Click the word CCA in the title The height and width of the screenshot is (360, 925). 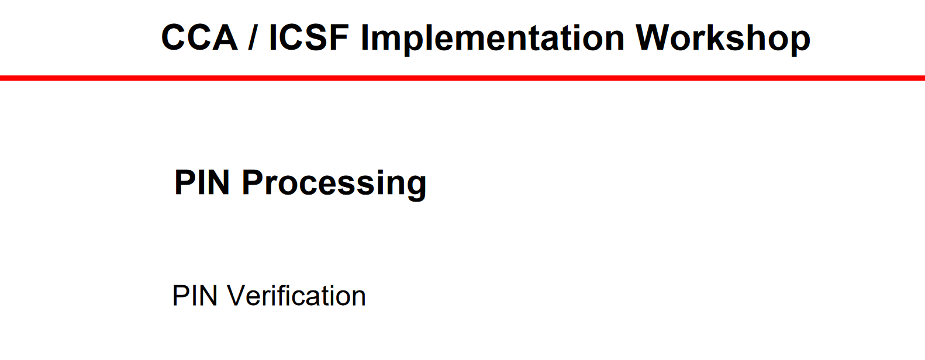click(x=199, y=37)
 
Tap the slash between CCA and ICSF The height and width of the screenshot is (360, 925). click(x=251, y=37)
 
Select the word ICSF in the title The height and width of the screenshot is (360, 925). click(x=309, y=37)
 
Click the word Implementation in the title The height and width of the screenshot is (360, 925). click(x=493, y=39)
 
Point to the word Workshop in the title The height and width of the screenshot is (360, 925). click(x=723, y=39)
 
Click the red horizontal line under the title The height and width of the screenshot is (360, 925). click(x=462, y=78)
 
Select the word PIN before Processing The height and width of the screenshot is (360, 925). click(x=202, y=182)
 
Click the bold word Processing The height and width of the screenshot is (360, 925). click(x=334, y=185)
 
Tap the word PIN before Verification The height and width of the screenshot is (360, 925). click(x=195, y=296)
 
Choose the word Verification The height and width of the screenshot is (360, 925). click(x=296, y=296)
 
